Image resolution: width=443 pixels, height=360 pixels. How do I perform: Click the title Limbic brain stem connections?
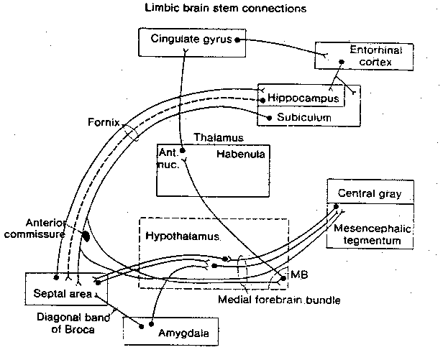pos(221,9)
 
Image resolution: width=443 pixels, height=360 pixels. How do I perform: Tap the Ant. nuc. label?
pos(170,158)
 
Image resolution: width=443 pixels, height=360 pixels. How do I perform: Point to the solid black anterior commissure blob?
pos(86,235)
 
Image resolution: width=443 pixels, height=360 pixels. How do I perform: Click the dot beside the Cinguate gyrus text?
pos(237,39)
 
